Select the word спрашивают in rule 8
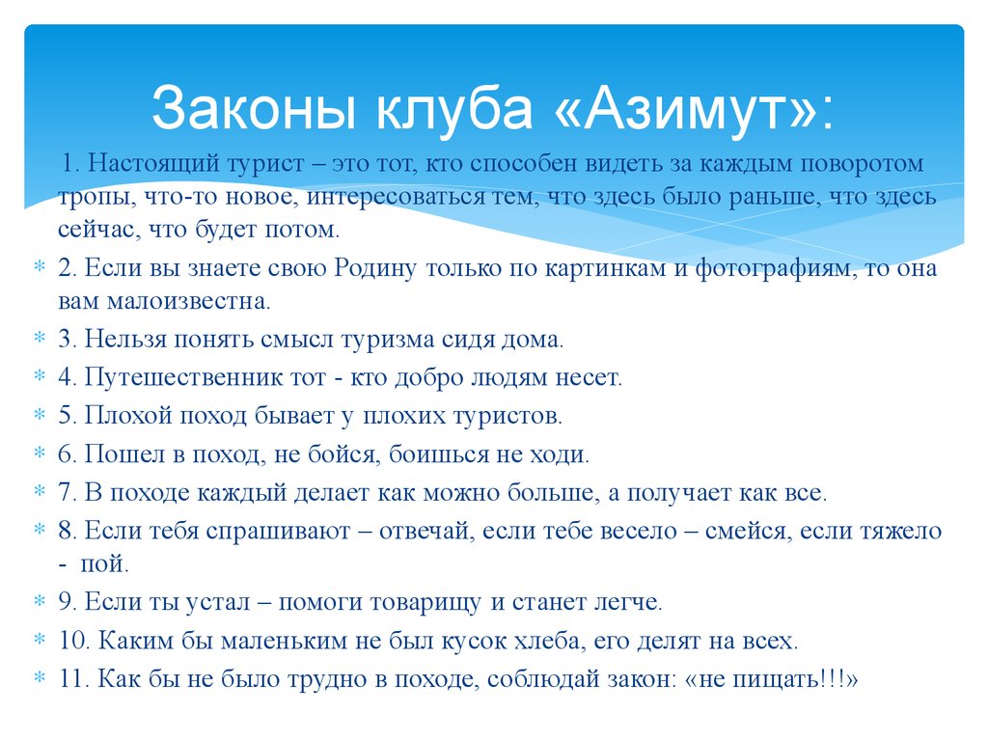pos(293,530)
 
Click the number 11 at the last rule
pos(73,678)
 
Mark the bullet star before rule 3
pos(40,340)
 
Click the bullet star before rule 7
pos(40,492)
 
